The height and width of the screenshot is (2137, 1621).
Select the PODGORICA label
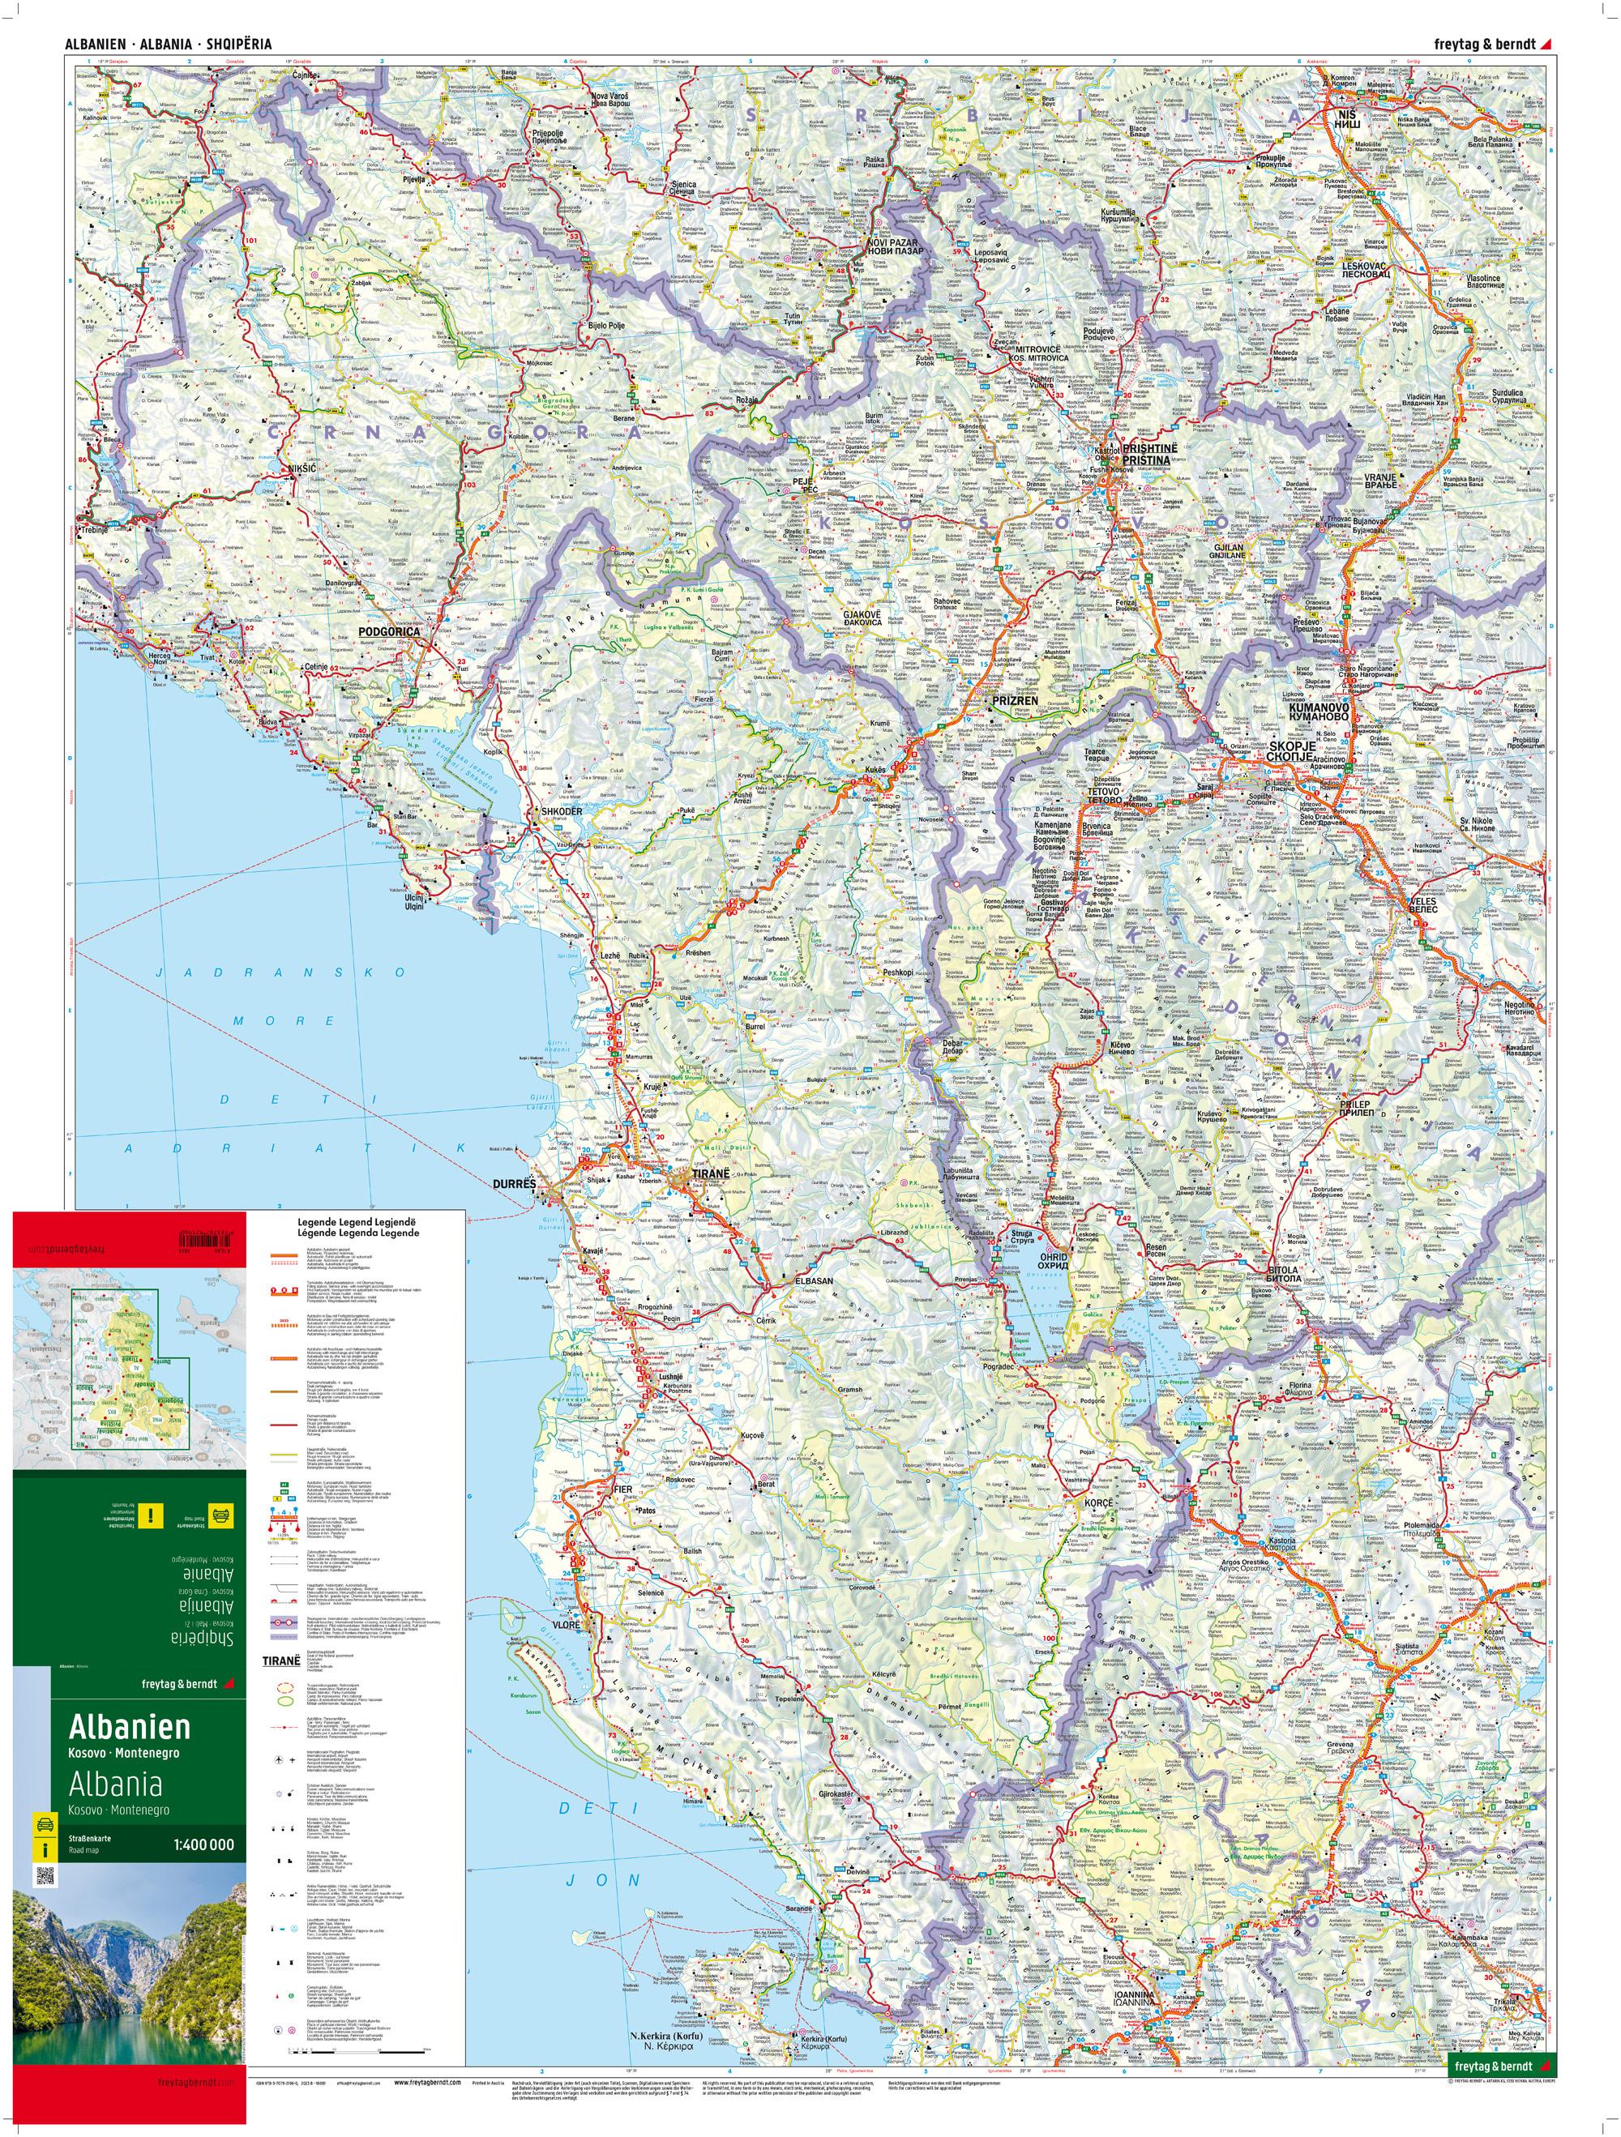pos(392,632)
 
